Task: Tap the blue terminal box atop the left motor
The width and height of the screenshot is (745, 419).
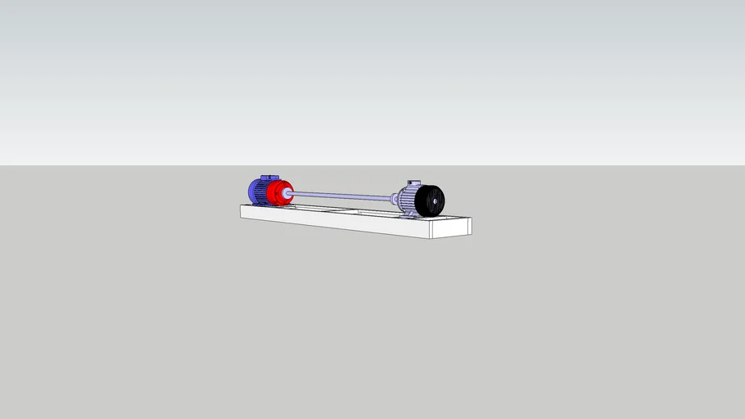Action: [269, 178]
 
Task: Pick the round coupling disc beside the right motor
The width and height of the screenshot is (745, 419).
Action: [395, 199]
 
